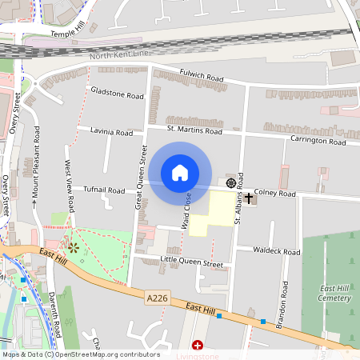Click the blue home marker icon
click(x=180, y=173)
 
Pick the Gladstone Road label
click(x=117, y=93)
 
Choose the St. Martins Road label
click(x=194, y=130)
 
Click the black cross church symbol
click(x=249, y=197)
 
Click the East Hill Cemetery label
click(x=335, y=293)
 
